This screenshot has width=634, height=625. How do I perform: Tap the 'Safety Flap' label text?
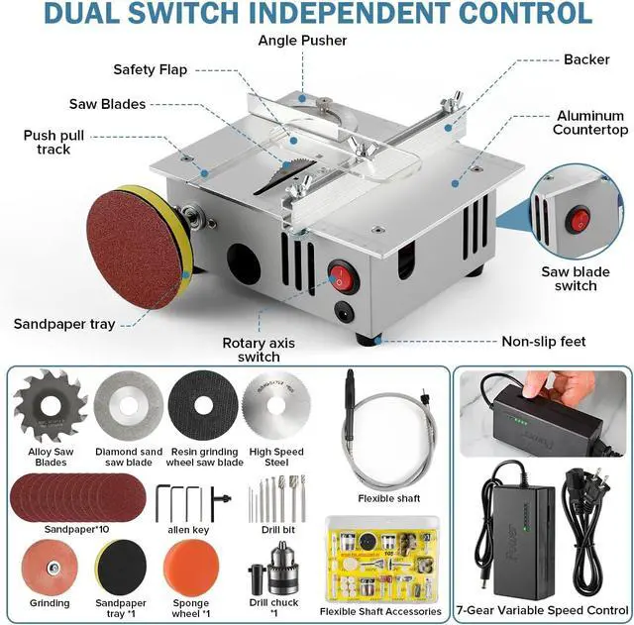point(150,70)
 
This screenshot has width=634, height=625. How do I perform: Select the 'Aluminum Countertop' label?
point(590,123)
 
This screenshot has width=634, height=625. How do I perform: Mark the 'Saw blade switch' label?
point(569,278)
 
